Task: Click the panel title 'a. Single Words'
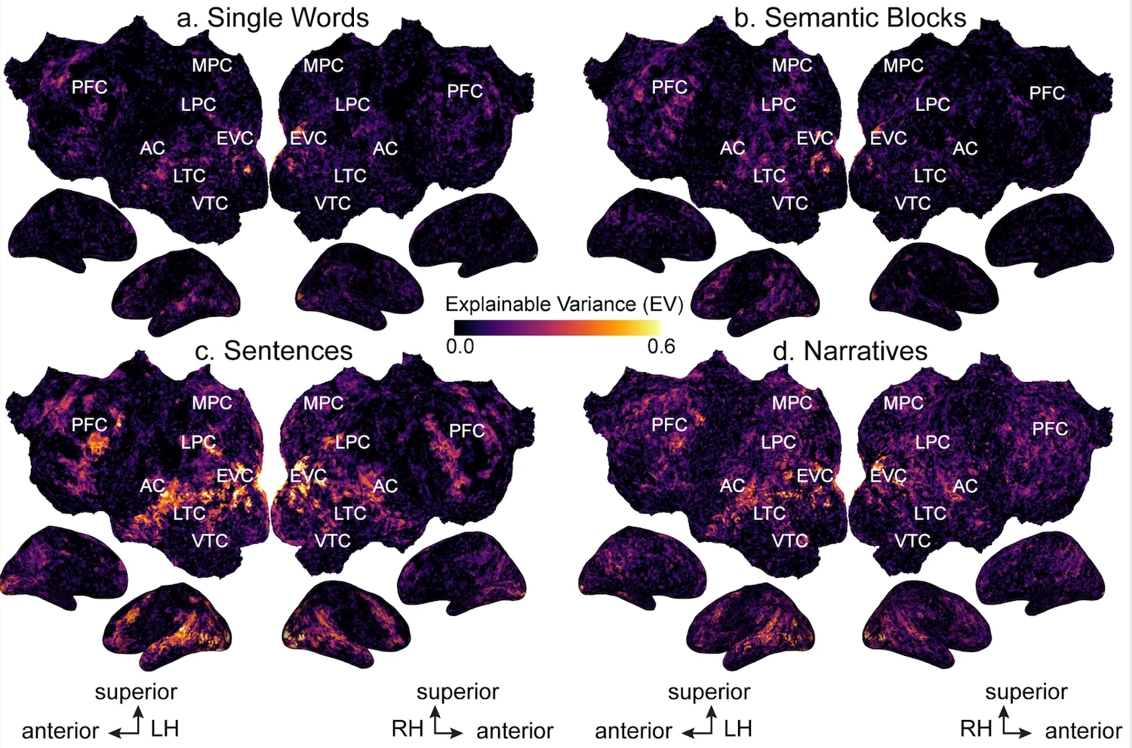272,17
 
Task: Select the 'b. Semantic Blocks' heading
849,17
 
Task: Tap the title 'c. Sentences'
273,351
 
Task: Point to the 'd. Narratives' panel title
851,351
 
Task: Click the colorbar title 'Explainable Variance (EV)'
564,304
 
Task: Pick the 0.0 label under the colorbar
460,346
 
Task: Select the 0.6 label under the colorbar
661,346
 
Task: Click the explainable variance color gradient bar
557,328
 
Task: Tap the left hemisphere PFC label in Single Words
89,88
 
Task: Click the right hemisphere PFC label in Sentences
466,431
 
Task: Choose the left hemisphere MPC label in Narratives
792,403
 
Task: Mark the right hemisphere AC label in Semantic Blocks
964,149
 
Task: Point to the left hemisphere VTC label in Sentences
210,540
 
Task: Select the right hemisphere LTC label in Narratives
930,513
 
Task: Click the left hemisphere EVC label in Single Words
235,138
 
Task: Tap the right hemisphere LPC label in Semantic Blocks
933,105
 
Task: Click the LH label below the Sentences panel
165,728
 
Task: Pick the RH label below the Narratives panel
976,728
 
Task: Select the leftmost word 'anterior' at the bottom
60,731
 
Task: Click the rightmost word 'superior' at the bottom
1026,692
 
